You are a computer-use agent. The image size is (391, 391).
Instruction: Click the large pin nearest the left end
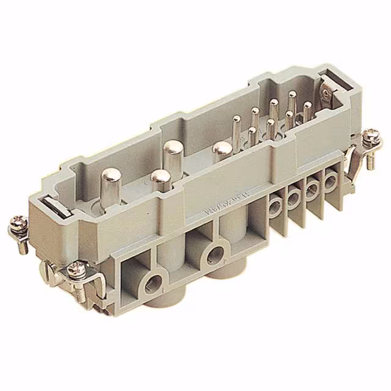(x=113, y=177)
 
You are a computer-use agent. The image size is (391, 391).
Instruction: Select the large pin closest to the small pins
(x=222, y=149)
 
